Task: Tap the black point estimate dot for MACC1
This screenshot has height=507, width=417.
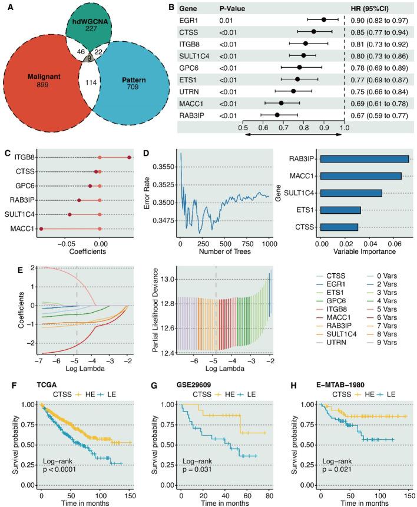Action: pyautogui.click(x=282, y=103)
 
